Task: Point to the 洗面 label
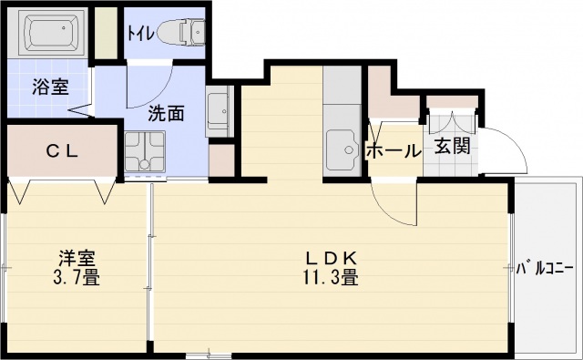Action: pos(167,114)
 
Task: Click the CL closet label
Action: pos(62,152)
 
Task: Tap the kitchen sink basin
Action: pos(343,150)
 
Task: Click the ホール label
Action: pos(393,151)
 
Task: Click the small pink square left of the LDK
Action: pos(221,159)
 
